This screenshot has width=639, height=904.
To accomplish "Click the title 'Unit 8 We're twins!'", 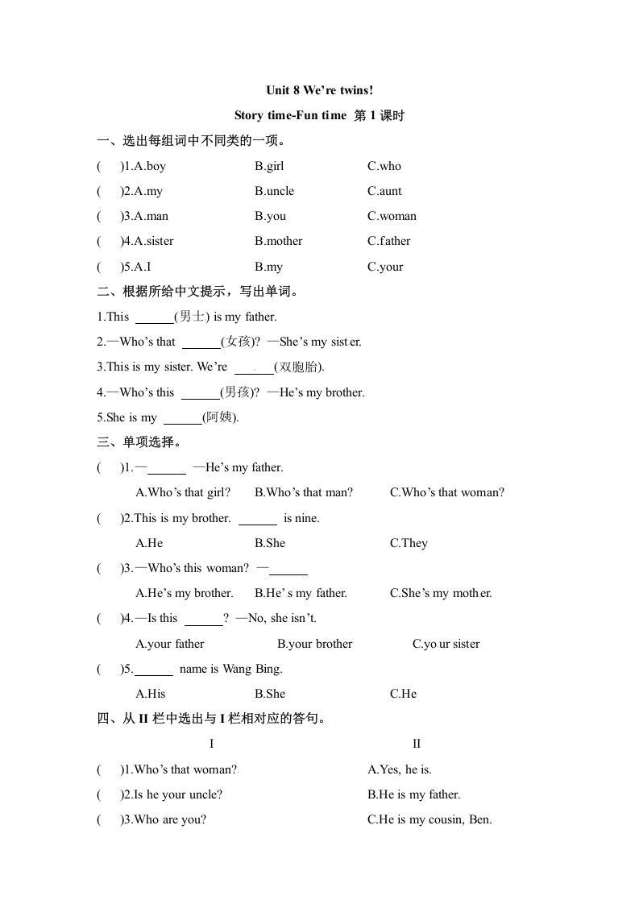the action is [x=319, y=90].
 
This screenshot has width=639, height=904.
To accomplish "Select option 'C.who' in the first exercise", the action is [x=384, y=166].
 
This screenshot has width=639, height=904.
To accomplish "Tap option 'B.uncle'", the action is [x=274, y=191].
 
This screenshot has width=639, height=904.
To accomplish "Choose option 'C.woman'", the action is [x=392, y=216].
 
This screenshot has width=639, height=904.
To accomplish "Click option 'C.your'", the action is [x=385, y=267].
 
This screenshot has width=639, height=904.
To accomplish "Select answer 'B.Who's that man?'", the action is [x=303, y=492].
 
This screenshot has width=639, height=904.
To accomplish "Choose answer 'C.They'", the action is [x=409, y=543].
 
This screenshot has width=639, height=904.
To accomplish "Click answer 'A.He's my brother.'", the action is [x=185, y=593].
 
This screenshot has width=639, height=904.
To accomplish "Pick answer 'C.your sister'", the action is [x=446, y=644].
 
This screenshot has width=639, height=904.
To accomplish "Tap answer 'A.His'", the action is [x=151, y=694].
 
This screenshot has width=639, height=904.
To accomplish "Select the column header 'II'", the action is [x=417, y=744].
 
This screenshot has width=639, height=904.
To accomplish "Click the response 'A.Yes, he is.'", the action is [x=400, y=769].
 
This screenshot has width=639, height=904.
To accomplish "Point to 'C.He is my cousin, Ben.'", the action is [x=429, y=819].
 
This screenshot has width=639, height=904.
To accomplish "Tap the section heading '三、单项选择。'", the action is [x=139, y=442].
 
